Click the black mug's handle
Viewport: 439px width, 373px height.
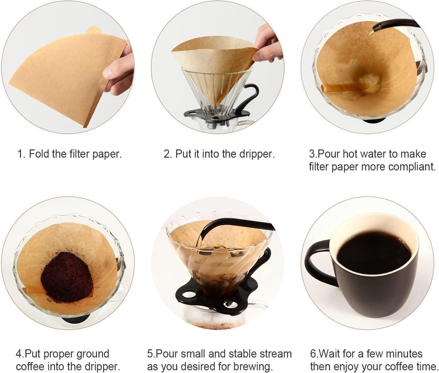point(317,262)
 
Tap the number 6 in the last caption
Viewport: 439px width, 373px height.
point(313,354)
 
